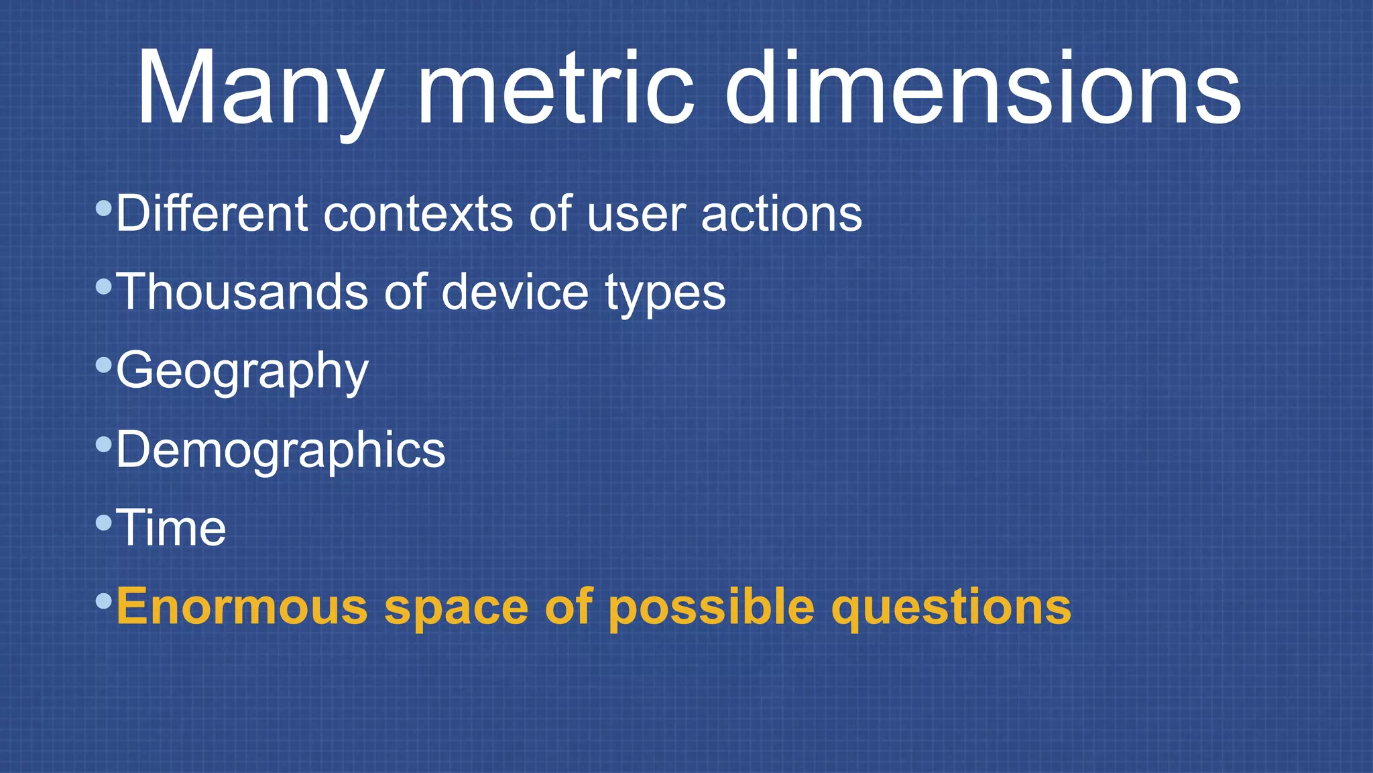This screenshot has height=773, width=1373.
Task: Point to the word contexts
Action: coord(418,215)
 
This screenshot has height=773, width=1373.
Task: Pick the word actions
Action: coord(782,215)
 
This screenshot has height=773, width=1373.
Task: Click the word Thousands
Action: coord(242,292)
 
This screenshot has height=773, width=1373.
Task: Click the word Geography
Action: coord(242,371)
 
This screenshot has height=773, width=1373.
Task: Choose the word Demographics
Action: coord(280,450)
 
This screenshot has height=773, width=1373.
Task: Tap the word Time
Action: coord(171,528)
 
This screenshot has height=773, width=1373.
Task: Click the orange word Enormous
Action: coord(242,607)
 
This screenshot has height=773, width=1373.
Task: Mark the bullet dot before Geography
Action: coord(103,366)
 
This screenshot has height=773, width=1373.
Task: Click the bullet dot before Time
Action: coord(103,523)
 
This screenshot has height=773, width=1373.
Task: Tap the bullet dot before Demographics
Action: coord(103,444)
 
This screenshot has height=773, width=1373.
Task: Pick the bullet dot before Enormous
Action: coord(103,601)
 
